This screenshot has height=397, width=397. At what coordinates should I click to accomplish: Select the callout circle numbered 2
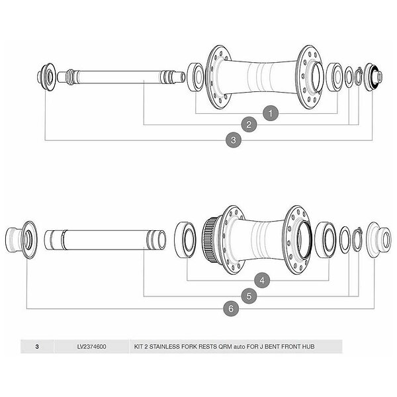pyautogui.click(x=250, y=124)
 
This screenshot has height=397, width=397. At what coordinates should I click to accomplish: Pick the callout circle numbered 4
pyautogui.click(x=263, y=281)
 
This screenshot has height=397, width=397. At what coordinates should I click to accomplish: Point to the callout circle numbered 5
pyautogui.click(x=249, y=296)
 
